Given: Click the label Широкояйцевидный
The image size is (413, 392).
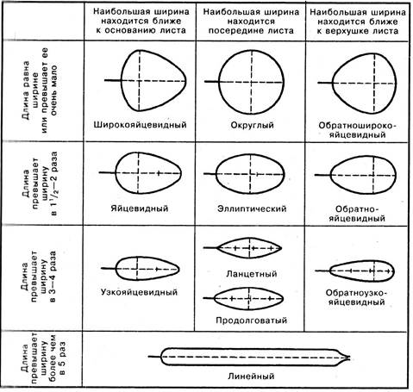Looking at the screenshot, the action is click(140, 125).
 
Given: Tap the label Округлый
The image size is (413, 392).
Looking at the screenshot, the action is click(252, 125).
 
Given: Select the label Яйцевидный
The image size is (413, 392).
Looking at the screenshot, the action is click(140, 208).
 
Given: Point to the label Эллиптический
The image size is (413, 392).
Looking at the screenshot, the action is click(252, 208).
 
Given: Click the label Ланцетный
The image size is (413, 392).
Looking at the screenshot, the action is click(252, 274).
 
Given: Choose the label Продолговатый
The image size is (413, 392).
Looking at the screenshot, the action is click(252, 320).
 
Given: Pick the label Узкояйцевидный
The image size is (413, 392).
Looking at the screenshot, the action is click(139, 292).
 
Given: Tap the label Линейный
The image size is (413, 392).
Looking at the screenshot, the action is click(251, 376).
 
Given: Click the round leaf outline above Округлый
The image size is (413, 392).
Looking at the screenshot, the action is click(219, 82).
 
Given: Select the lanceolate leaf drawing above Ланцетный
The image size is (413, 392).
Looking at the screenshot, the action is click(216, 247).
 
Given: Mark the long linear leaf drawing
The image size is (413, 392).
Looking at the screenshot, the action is click(161, 357).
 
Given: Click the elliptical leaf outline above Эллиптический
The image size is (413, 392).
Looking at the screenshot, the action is click(216, 174).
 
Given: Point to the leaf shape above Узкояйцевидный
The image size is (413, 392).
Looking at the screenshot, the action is click(116, 269).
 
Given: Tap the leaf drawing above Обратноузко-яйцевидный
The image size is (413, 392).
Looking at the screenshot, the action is click(330, 271).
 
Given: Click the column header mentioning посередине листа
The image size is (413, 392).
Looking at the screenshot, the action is click(251, 21).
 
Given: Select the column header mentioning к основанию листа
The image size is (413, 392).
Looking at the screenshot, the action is click(141, 21).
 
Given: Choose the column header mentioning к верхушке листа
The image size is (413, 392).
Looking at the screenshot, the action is click(358, 22).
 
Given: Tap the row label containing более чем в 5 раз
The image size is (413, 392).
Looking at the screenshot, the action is click(43, 359).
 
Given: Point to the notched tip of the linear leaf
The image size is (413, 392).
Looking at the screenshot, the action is click(349, 357).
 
